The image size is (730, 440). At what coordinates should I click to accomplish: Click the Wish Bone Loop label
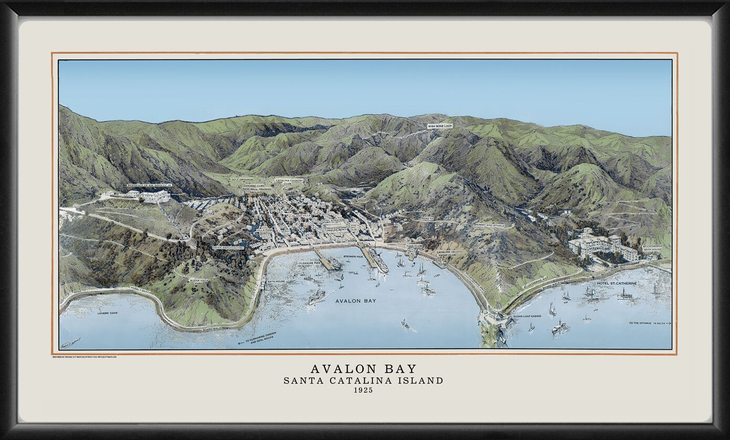439,126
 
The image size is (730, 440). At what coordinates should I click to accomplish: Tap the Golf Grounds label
242,180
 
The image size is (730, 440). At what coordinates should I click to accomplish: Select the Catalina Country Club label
289,182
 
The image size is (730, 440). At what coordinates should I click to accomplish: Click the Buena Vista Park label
199,282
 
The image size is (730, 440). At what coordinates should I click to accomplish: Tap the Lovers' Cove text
107,313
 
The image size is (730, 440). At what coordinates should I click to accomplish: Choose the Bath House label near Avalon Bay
276,281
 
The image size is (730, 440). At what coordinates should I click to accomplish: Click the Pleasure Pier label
309,263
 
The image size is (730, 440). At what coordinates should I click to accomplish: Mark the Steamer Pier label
352,257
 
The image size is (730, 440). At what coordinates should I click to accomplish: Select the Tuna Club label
414,246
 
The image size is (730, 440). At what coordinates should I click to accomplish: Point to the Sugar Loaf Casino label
527,317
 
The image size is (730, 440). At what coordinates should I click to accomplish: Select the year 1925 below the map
363,390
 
